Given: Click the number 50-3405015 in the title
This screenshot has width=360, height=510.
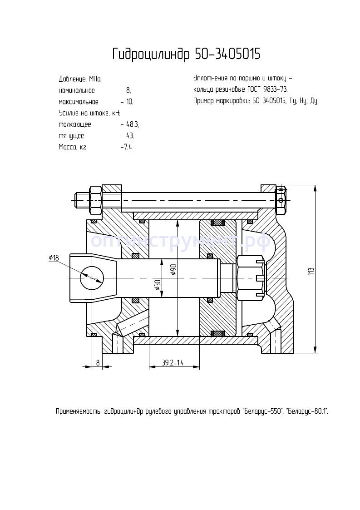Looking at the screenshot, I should tap(227, 54).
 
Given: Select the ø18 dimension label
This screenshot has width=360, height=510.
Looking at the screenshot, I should tap(54, 258).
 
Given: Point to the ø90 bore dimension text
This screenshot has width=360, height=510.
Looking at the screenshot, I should tap(173, 269).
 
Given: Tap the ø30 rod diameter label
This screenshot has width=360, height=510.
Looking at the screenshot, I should tap(157, 285).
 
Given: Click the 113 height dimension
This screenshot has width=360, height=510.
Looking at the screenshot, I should tap(311, 271).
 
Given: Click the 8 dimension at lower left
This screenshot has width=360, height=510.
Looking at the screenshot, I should tap(97, 362).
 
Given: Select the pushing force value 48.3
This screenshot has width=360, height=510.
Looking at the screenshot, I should tap(132, 124).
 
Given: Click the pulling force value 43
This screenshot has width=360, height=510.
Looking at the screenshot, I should tap(130, 136).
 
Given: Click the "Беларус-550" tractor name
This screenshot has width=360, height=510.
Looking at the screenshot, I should tap(263, 412).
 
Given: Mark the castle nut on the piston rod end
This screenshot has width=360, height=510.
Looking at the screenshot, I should tap(250, 277).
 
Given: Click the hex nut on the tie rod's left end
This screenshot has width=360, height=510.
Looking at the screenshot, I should tap(96, 200).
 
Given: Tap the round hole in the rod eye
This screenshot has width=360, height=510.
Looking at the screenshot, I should tap(91, 277).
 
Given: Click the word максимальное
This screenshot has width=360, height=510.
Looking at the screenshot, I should tap(79, 102).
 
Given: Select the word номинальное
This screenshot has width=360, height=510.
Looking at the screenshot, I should tap(77, 90).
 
